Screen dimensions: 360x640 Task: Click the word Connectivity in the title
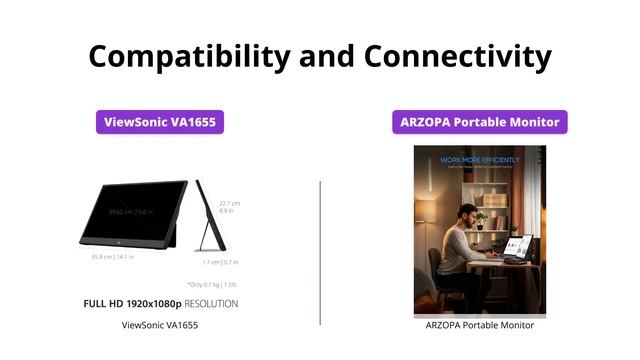(x=465, y=56)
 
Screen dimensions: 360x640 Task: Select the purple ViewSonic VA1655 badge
(x=160, y=123)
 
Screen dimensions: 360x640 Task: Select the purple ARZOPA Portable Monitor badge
(x=480, y=123)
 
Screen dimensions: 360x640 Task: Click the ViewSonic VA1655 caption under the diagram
(x=159, y=325)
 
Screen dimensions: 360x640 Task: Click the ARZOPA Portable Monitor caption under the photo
(x=480, y=325)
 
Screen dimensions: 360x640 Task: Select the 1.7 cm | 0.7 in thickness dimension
(x=219, y=262)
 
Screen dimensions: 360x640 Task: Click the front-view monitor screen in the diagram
(x=134, y=212)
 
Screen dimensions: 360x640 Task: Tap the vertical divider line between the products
(x=320, y=252)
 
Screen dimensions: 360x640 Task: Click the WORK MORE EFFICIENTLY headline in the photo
(x=480, y=159)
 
